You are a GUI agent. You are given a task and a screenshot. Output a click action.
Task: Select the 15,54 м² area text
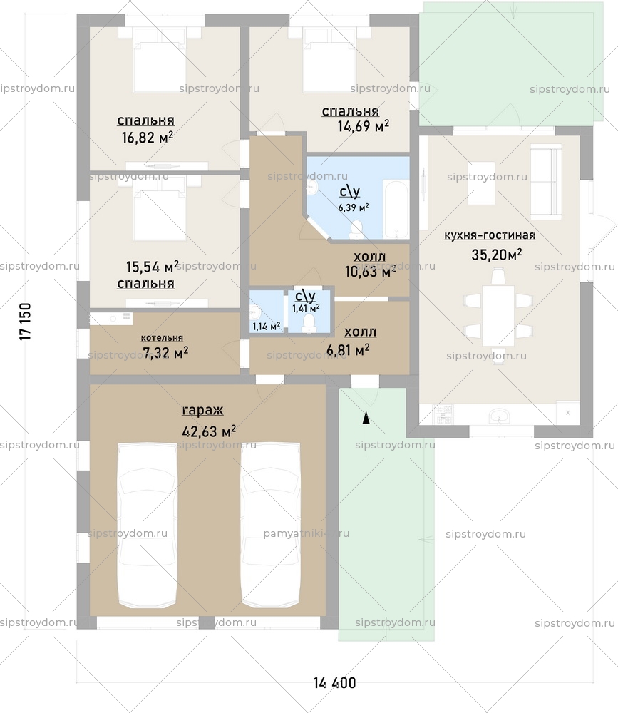152,267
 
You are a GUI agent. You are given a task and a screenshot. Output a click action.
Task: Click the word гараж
202,411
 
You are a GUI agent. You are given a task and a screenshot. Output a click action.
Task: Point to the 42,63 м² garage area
209,431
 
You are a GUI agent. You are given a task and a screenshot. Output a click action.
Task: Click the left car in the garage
148,524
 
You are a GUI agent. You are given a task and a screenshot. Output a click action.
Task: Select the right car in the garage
270,524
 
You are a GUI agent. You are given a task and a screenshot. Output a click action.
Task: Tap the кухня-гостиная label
489,235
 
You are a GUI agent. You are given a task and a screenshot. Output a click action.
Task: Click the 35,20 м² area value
497,255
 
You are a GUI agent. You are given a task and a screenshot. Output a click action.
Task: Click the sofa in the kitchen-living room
545,180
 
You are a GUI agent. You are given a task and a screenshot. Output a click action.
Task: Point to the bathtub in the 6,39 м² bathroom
396,211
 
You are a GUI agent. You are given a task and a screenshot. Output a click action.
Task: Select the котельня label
162,338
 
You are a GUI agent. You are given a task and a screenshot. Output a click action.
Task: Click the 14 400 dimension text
334,683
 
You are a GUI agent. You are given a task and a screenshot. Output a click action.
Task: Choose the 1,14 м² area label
266,327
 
